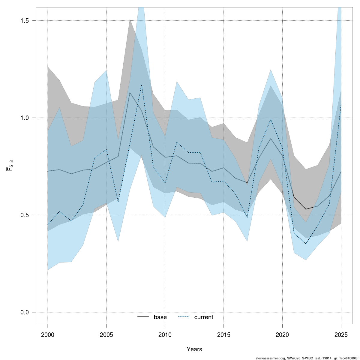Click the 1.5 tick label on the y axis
24,21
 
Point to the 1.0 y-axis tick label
24,118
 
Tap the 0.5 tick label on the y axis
24,215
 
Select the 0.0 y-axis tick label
24,312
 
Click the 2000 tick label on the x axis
48,334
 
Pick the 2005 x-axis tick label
106,334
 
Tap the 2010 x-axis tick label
165,334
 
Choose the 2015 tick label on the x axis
223,334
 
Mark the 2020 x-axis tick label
282,334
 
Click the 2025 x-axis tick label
341,334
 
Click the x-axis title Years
194,349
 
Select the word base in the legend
160,317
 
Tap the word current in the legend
204,317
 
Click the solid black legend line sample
143,317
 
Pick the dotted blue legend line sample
184,317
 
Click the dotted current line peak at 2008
142,85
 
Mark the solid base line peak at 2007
130,92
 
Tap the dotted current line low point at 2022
306,244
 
